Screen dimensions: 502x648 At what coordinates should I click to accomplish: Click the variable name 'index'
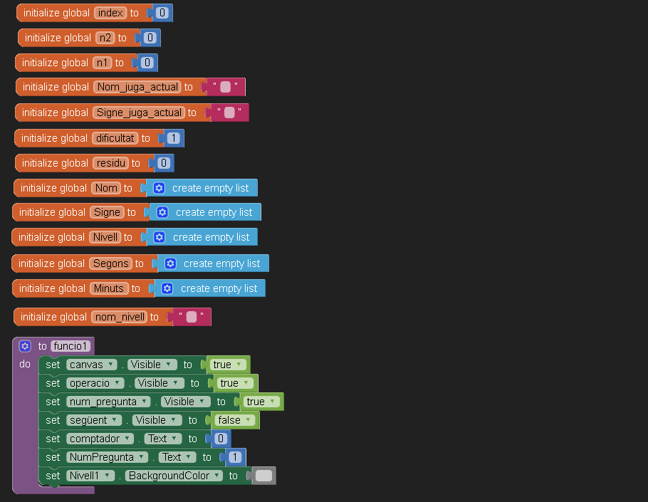[110, 13]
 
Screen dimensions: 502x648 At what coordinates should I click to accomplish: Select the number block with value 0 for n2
[150, 38]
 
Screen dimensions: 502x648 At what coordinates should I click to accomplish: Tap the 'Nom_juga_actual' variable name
[137, 87]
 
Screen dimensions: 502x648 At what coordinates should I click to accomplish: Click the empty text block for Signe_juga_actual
[229, 113]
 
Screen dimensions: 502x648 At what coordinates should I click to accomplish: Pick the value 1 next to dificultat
[173, 138]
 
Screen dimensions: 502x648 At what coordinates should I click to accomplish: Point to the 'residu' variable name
[110, 163]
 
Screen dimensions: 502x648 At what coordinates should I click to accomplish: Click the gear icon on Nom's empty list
[159, 188]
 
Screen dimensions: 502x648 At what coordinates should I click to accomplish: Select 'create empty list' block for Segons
[221, 263]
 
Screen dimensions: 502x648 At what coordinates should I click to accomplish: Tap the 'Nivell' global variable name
[105, 237]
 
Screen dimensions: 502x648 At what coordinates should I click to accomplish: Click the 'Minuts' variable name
[109, 288]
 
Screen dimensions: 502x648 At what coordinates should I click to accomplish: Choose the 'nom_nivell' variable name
[120, 317]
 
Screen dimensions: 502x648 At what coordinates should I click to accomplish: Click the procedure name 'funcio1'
[72, 346]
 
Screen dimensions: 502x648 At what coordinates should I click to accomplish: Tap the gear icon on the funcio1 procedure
[25, 346]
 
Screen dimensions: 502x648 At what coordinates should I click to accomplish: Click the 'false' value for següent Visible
[233, 420]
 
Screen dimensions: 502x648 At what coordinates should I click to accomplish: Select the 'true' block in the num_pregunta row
[258, 402]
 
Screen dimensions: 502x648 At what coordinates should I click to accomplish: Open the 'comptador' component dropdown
[100, 439]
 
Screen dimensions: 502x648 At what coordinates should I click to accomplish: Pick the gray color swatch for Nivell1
[263, 476]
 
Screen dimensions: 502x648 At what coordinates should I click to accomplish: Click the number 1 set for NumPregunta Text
[234, 457]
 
